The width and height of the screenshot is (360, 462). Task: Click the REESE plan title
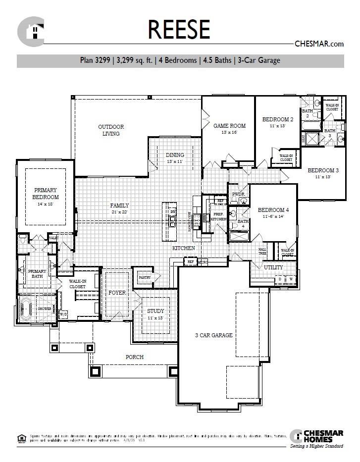click(x=179, y=29)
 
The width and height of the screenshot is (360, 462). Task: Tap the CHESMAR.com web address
click(x=319, y=44)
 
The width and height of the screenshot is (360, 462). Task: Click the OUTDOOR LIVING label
click(x=111, y=130)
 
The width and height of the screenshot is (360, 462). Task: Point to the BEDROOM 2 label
click(x=278, y=119)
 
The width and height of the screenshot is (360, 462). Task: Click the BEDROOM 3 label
click(x=323, y=170)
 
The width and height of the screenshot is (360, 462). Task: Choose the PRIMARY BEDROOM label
click(x=46, y=193)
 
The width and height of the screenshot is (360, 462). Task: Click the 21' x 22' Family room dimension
click(x=119, y=212)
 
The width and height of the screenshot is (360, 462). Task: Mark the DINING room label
click(x=175, y=155)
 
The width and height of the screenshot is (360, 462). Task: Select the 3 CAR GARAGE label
click(x=213, y=335)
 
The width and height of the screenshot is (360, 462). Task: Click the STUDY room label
click(x=155, y=311)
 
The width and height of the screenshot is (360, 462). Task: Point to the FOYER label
click(x=117, y=293)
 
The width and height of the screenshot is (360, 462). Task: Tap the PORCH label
click(x=134, y=357)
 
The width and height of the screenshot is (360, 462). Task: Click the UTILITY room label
click(x=273, y=267)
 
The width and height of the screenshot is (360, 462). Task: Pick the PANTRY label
click(x=144, y=278)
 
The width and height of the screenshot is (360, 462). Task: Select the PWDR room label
click(x=238, y=195)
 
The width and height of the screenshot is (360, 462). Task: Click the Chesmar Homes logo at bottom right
click(x=317, y=437)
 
